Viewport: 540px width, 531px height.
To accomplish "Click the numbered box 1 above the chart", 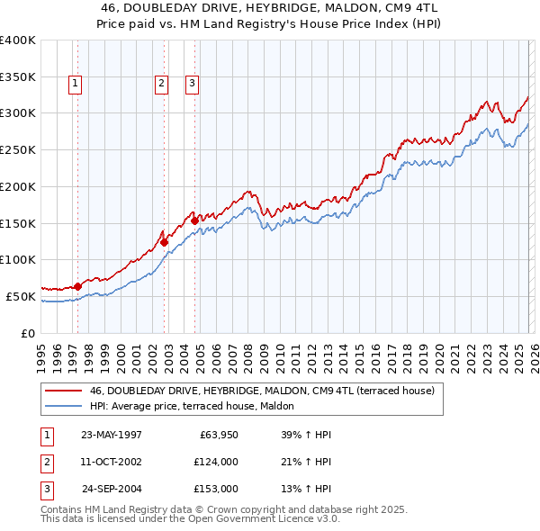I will pos(75,84).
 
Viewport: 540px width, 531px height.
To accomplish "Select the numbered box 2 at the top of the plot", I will pos(161,84).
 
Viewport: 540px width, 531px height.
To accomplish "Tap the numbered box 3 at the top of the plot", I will pos(193,84).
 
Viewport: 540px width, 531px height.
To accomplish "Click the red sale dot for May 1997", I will pos(78,286).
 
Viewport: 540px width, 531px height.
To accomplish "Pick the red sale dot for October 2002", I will pos(165,241).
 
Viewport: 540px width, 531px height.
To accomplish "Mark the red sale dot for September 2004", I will pos(195,220).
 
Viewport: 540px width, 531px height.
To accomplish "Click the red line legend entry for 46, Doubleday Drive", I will pos(262,391).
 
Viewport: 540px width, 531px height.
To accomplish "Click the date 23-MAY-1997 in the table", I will pos(112,435).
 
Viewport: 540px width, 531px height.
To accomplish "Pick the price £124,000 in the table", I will pos(215,462).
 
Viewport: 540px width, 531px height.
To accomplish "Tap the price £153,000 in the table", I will pos(215,489).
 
